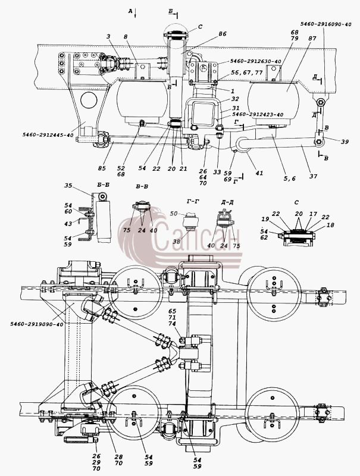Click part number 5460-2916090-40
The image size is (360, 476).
click(x=326, y=24)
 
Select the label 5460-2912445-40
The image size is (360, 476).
click(x=48, y=135)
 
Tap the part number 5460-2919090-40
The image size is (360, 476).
click(x=37, y=324)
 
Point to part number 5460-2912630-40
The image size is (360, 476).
click(x=256, y=61)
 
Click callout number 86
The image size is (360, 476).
click(x=223, y=34)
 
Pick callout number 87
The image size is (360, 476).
click(x=312, y=39)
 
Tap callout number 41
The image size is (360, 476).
click(x=259, y=173)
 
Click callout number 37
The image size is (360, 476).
click(x=313, y=176)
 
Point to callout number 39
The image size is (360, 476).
click(x=345, y=142)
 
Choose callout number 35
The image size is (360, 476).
click(x=68, y=185)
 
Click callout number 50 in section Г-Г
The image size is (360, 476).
click(x=174, y=214)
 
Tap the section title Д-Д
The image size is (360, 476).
click(x=228, y=202)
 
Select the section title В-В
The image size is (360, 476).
click(x=142, y=186)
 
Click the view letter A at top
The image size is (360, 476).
click(x=130, y=11)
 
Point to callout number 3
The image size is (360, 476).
click(x=108, y=36)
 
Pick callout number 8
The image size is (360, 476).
click(x=126, y=36)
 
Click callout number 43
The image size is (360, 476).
click(x=68, y=224)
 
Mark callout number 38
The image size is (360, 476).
click(x=176, y=242)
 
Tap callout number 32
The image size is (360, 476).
click(x=235, y=99)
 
